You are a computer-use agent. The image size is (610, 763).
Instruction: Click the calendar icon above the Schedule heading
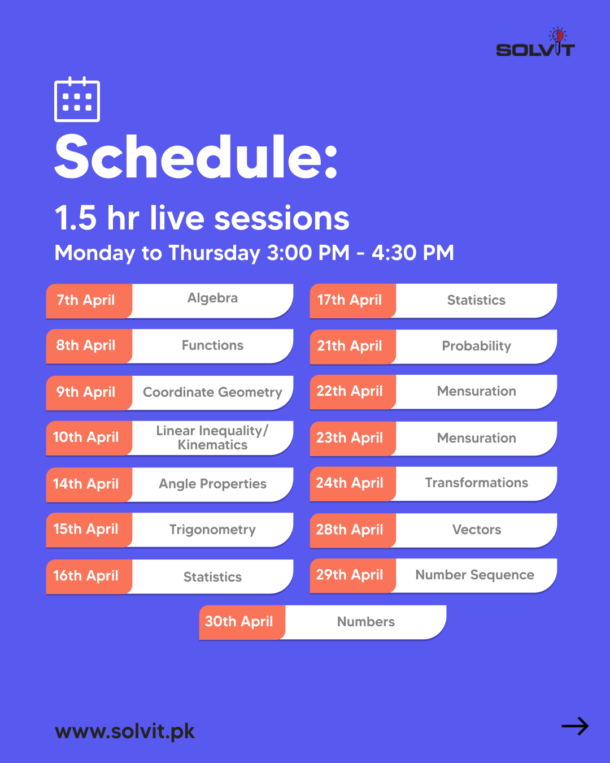[x=77, y=99]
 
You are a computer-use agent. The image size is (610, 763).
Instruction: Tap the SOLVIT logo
[x=535, y=42]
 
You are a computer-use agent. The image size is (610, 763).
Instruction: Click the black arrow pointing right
[x=575, y=726]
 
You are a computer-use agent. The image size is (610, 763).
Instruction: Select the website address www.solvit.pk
[x=124, y=731]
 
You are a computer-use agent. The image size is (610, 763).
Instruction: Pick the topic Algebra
[x=212, y=298]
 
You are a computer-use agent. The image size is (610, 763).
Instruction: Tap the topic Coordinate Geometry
[x=212, y=392]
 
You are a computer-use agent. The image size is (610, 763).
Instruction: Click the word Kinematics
[x=212, y=445]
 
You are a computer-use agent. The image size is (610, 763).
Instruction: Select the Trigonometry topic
[x=212, y=530]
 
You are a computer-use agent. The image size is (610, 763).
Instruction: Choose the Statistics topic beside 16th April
[x=212, y=577]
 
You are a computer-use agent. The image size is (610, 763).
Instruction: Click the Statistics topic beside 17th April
[x=476, y=300]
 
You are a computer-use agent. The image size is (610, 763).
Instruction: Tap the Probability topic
[x=476, y=346]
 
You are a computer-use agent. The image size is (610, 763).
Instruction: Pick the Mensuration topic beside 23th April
[x=476, y=438]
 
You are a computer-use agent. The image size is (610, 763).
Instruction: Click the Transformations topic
[x=476, y=483]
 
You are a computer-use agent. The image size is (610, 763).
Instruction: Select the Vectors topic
[x=476, y=530]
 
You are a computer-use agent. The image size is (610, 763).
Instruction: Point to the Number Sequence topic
[x=474, y=575]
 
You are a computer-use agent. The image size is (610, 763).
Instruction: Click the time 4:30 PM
[x=412, y=253]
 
